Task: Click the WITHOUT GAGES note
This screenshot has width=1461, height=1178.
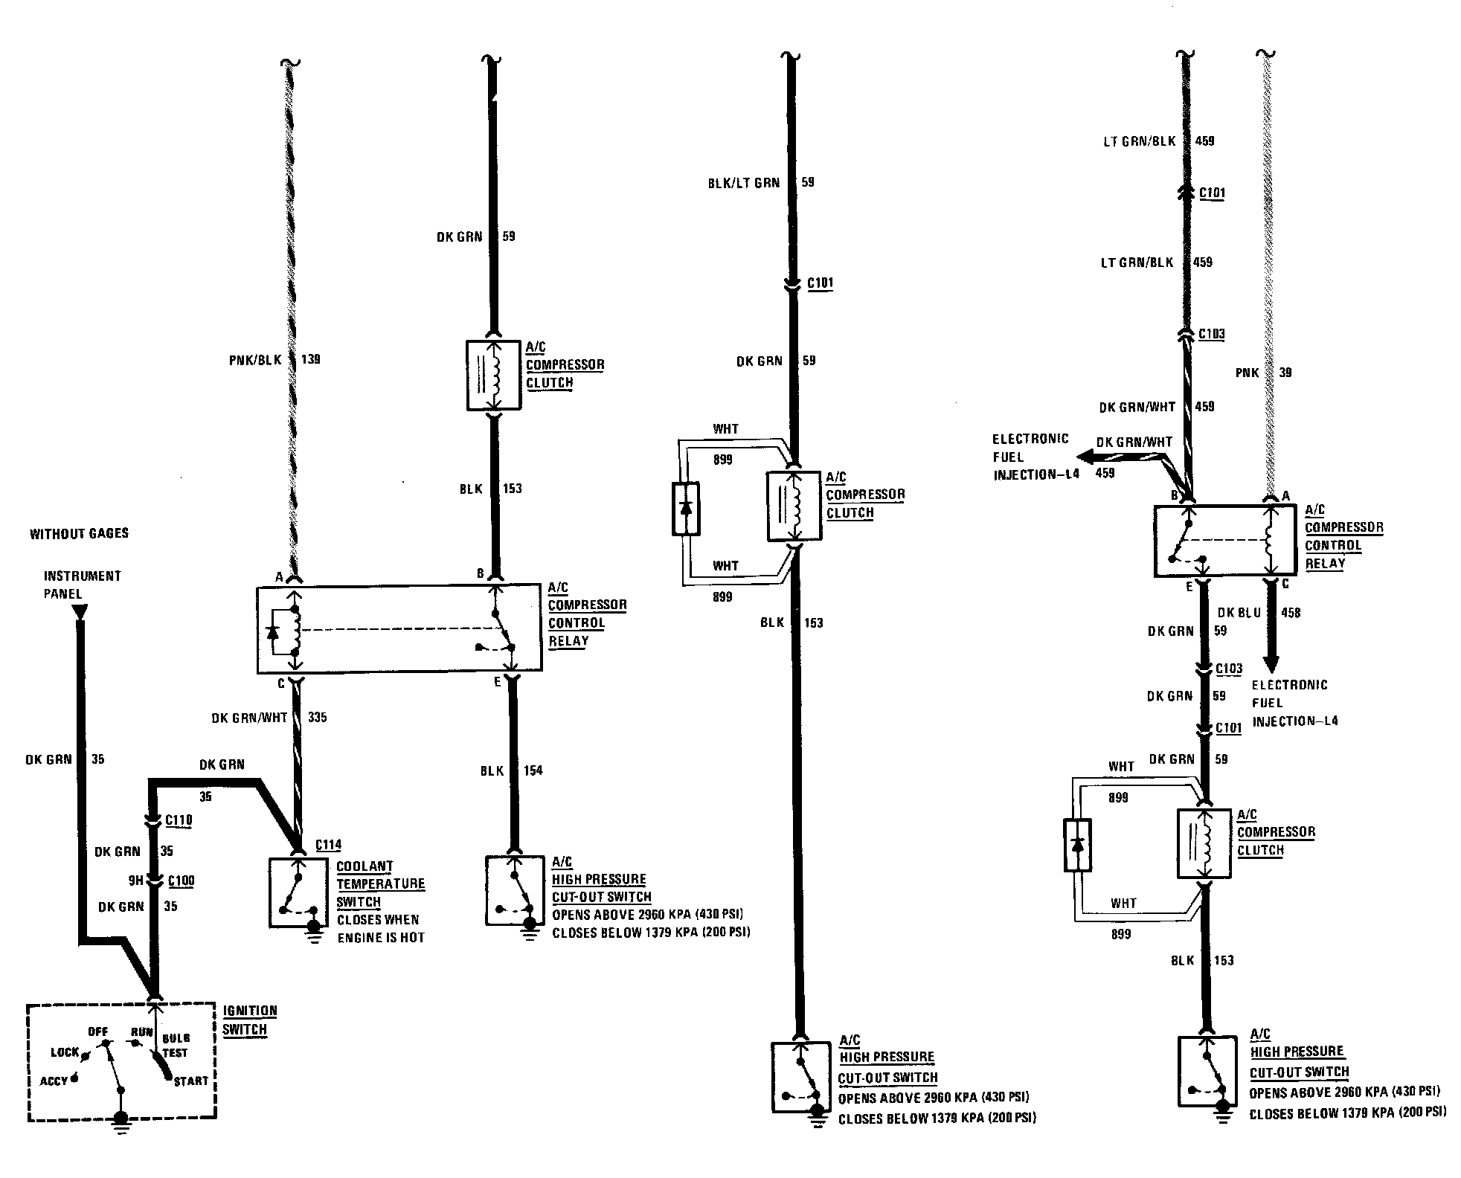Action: tap(79, 533)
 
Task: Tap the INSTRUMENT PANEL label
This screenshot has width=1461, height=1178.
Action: tap(82, 585)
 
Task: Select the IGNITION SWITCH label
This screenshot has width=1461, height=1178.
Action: tap(249, 1020)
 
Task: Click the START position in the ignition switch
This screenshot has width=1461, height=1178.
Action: tap(191, 1081)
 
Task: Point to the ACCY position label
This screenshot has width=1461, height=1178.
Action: tap(54, 1081)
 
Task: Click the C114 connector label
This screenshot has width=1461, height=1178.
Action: tap(328, 845)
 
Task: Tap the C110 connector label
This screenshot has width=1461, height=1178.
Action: tap(179, 820)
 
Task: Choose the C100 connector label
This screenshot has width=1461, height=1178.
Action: tap(181, 881)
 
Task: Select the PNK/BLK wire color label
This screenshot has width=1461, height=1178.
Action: tap(255, 360)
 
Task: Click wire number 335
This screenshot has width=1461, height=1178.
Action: tap(317, 718)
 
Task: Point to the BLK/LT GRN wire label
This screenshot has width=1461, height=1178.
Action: tap(743, 183)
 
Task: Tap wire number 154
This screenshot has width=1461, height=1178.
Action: tap(533, 770)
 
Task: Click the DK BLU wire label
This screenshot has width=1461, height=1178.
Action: tap(1239, 613)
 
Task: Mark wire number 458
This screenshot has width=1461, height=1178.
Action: tap(1291, 613)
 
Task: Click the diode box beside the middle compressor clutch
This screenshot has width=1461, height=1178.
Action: tap(685, 509)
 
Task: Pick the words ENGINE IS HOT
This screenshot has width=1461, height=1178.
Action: tap(381, 938)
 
